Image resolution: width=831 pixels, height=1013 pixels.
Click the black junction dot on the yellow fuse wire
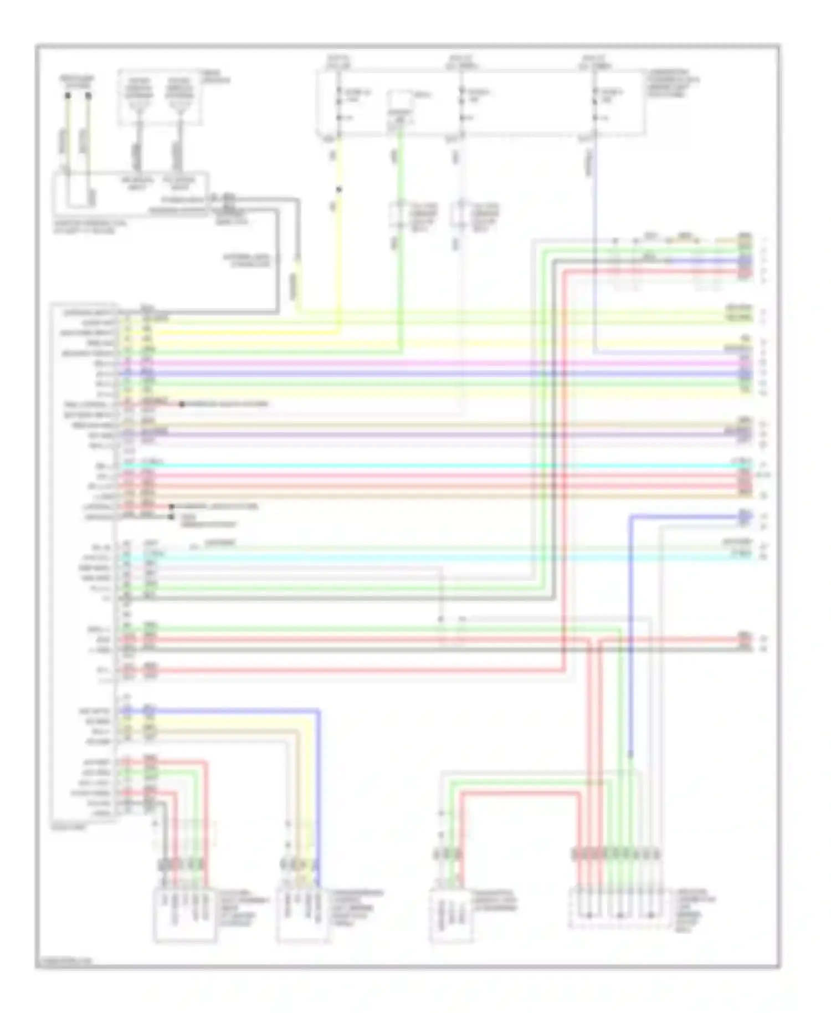[339, 190]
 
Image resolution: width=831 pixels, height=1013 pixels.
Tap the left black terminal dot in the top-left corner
[68, 95]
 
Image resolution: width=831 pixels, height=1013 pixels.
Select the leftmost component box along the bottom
[184, 914]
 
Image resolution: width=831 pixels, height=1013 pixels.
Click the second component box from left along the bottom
[302, 914]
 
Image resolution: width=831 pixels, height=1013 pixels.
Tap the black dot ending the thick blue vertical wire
[631, 754]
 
